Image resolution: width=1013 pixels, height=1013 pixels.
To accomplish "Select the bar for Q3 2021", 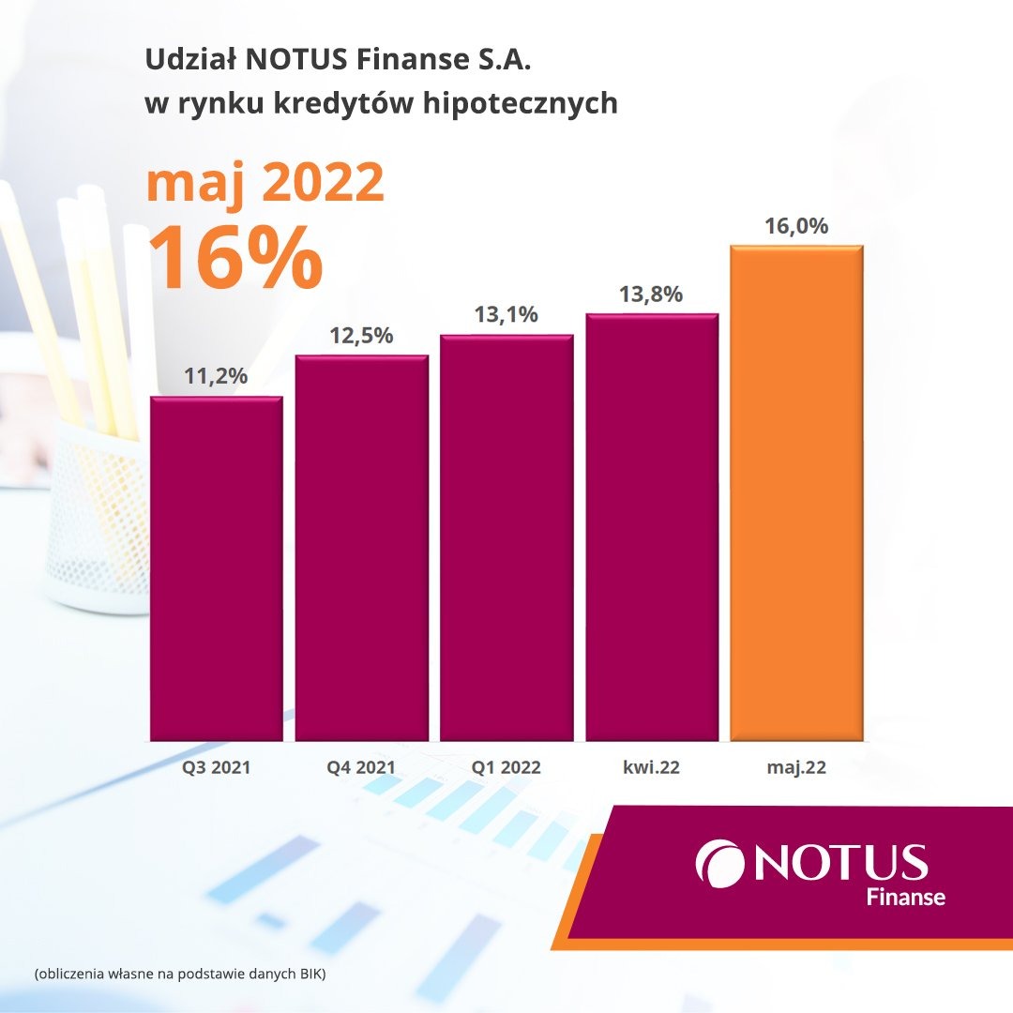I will click(x=217, y=568).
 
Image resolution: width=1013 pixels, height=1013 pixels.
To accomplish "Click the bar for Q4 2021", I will click(x=362, y=548).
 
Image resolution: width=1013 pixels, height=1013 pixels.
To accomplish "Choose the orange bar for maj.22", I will click(x=796, y=493).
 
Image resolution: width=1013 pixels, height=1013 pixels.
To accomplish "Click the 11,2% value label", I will click(x=217, y=376).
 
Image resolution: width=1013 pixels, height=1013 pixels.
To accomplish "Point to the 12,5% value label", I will click(x=362, y=335).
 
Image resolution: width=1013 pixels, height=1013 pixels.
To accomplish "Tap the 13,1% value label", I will click(x=506, y=314).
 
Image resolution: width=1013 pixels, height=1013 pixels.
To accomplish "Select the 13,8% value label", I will click(x=651, y=294).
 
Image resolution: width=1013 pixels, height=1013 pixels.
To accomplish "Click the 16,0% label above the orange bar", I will click(x=796, y=226).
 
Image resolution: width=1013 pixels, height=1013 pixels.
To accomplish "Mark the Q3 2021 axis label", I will click(x=217, y=767).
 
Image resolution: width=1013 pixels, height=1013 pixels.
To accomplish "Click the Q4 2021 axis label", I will click(x=362, y=767).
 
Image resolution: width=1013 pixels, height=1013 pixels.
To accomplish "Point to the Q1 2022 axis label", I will click(x=506, y=767).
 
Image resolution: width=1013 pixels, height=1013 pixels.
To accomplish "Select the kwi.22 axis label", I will click(x=651, y=767).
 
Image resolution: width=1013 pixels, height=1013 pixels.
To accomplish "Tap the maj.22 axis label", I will click(x=796, y=767).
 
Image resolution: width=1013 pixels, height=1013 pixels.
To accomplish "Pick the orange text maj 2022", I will click(x=265, y=184).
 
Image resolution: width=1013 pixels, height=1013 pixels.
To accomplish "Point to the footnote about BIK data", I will click(x=179, y=975).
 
